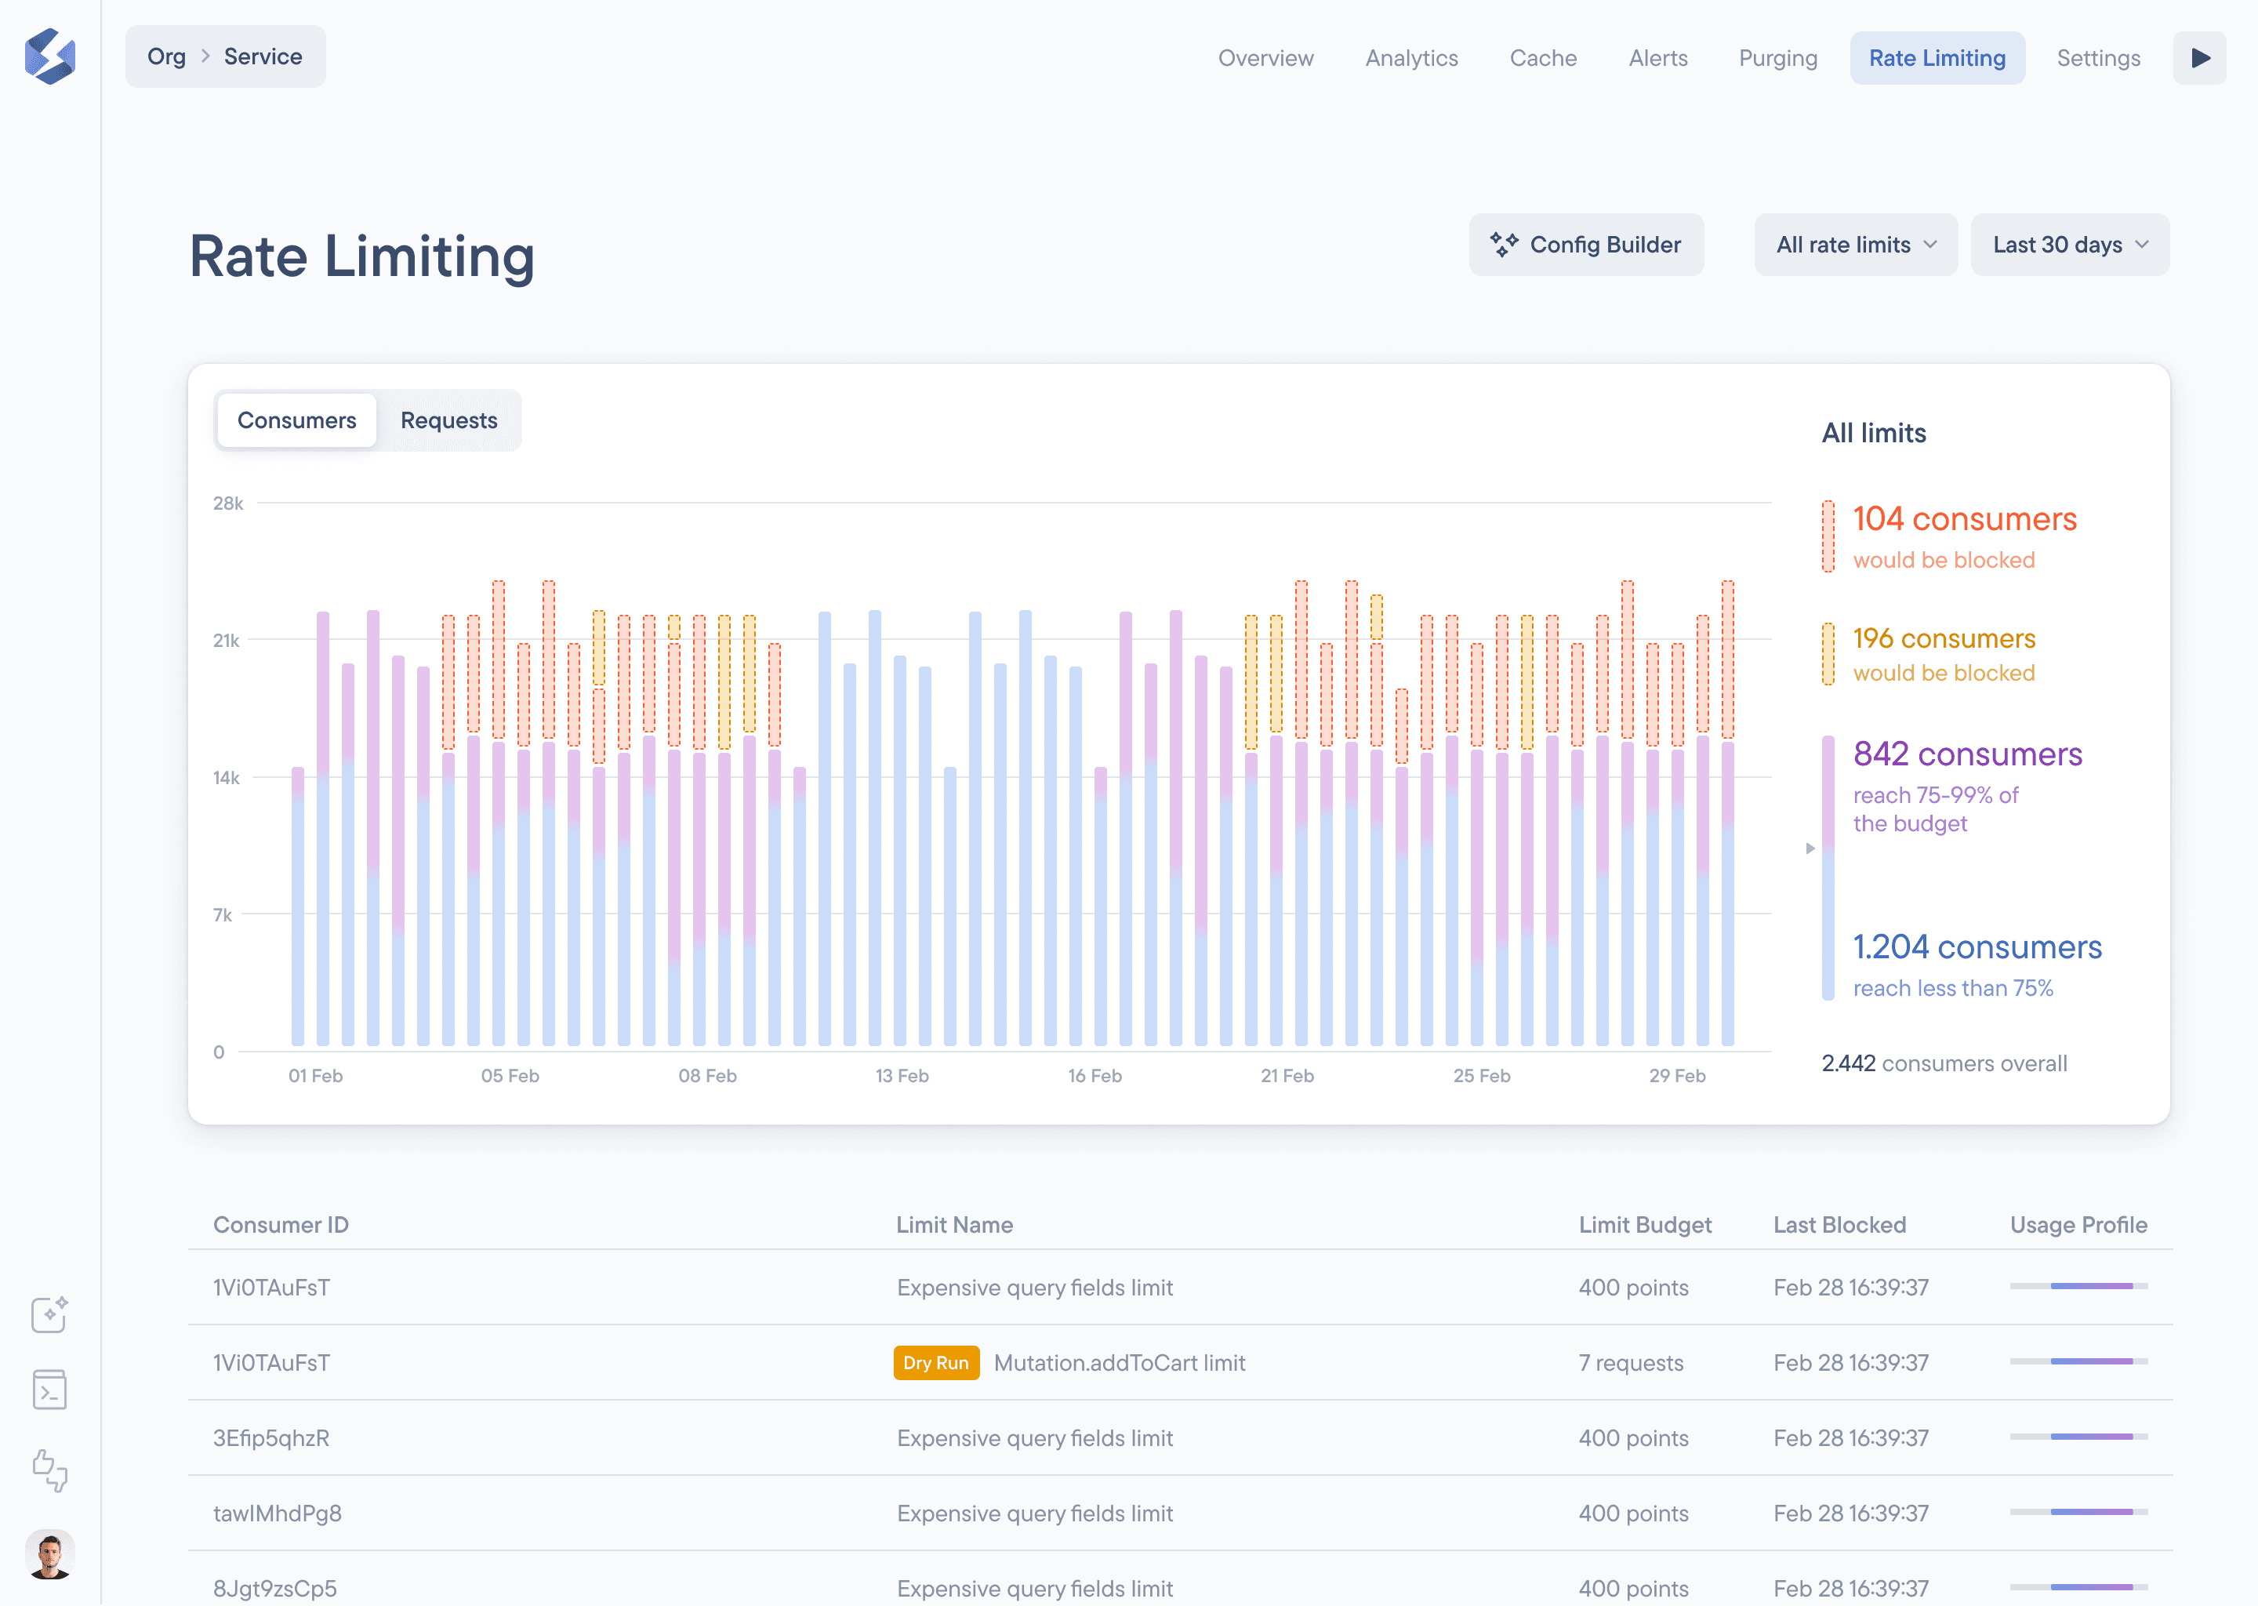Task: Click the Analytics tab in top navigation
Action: tap(1410, 58)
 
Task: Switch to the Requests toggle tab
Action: tap(448, 420)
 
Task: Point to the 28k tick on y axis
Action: tap(228, 503)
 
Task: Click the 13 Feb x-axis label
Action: tap(902, 1075)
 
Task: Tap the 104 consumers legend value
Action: tap(1963, 519)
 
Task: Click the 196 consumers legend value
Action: tap(1944, 639)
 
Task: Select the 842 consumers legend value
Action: tap(1966, 754)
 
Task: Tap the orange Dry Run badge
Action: tap(935, 1363)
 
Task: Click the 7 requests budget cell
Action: tap(1630, 1363)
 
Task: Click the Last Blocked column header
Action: tap(1839, 1224)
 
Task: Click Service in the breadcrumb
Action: tap(263, 56)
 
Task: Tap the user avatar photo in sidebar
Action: tap(49, 1553)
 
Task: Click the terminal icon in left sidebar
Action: tap(49, 1390)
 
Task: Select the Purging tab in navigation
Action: tap(1777, 58)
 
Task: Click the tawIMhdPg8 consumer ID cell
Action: tap(278, 1513)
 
